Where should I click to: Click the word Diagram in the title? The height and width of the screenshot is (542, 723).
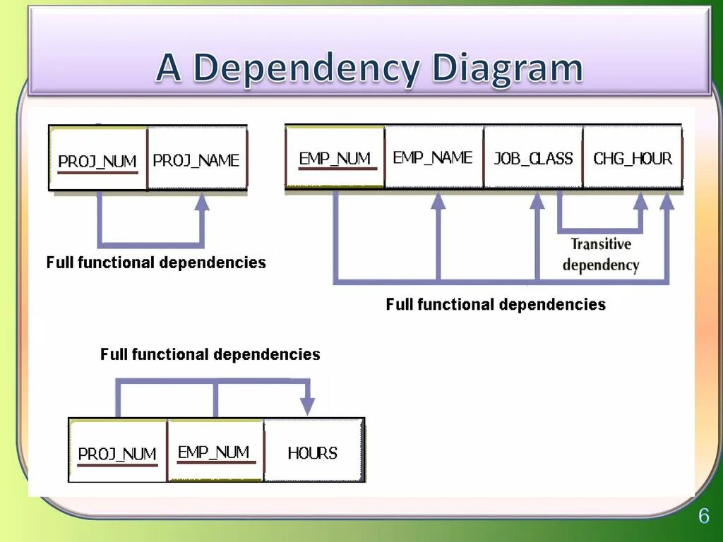pos(507,68)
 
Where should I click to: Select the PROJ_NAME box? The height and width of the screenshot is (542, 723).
pos(197,159)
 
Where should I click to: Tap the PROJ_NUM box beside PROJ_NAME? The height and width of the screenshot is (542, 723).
pos(97,159)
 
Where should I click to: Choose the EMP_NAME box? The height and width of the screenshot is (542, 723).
pos(434,157)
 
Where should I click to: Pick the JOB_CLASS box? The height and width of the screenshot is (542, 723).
pos(533,157)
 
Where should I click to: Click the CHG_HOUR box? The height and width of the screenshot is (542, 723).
pos(633,157)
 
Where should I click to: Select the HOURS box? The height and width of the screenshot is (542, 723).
pos(313,452)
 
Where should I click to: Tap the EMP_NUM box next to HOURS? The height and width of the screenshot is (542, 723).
pos(215,450)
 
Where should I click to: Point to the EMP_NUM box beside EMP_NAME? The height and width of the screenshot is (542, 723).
pos(335,157)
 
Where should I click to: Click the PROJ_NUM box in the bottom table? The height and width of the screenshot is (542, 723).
pos(117,452)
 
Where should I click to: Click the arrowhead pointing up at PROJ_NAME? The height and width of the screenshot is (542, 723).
pos(202,203)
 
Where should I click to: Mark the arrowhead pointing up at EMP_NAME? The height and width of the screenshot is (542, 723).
pos(438,201)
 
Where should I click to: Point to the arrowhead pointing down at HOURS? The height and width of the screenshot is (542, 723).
pos(307,406)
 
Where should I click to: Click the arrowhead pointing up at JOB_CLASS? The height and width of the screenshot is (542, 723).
pos(537,201)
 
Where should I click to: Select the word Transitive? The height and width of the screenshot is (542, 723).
pos(601,244)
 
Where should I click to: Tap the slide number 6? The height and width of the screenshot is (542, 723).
pos(703,516)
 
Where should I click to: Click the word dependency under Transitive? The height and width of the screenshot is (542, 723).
pos(601,265)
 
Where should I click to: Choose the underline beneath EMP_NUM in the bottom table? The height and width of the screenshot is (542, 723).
pos(215,463)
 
